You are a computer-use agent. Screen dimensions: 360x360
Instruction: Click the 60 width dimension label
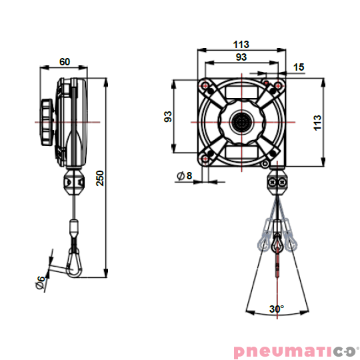tap(65, 61)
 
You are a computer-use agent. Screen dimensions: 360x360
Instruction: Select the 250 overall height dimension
tap(99, 178)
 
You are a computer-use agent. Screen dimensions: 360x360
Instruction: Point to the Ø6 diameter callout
tap(40, 282)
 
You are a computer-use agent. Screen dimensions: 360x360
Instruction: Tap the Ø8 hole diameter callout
tap(184, 176)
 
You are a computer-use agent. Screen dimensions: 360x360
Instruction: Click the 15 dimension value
tap(298, 67)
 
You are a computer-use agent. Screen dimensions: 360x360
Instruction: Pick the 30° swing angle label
tap(276, 309)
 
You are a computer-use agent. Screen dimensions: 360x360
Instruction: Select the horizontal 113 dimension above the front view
tap(241, 45)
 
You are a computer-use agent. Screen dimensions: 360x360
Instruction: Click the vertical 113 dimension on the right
tap(317, 122)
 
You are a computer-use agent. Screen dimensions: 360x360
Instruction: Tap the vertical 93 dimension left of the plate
tap(169, 117)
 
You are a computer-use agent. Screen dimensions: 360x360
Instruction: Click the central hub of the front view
tap(241, 122)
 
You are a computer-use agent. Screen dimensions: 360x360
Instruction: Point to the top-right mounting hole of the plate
tap(275, 86)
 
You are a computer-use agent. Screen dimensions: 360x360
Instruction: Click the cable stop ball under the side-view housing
tap(75, 182)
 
